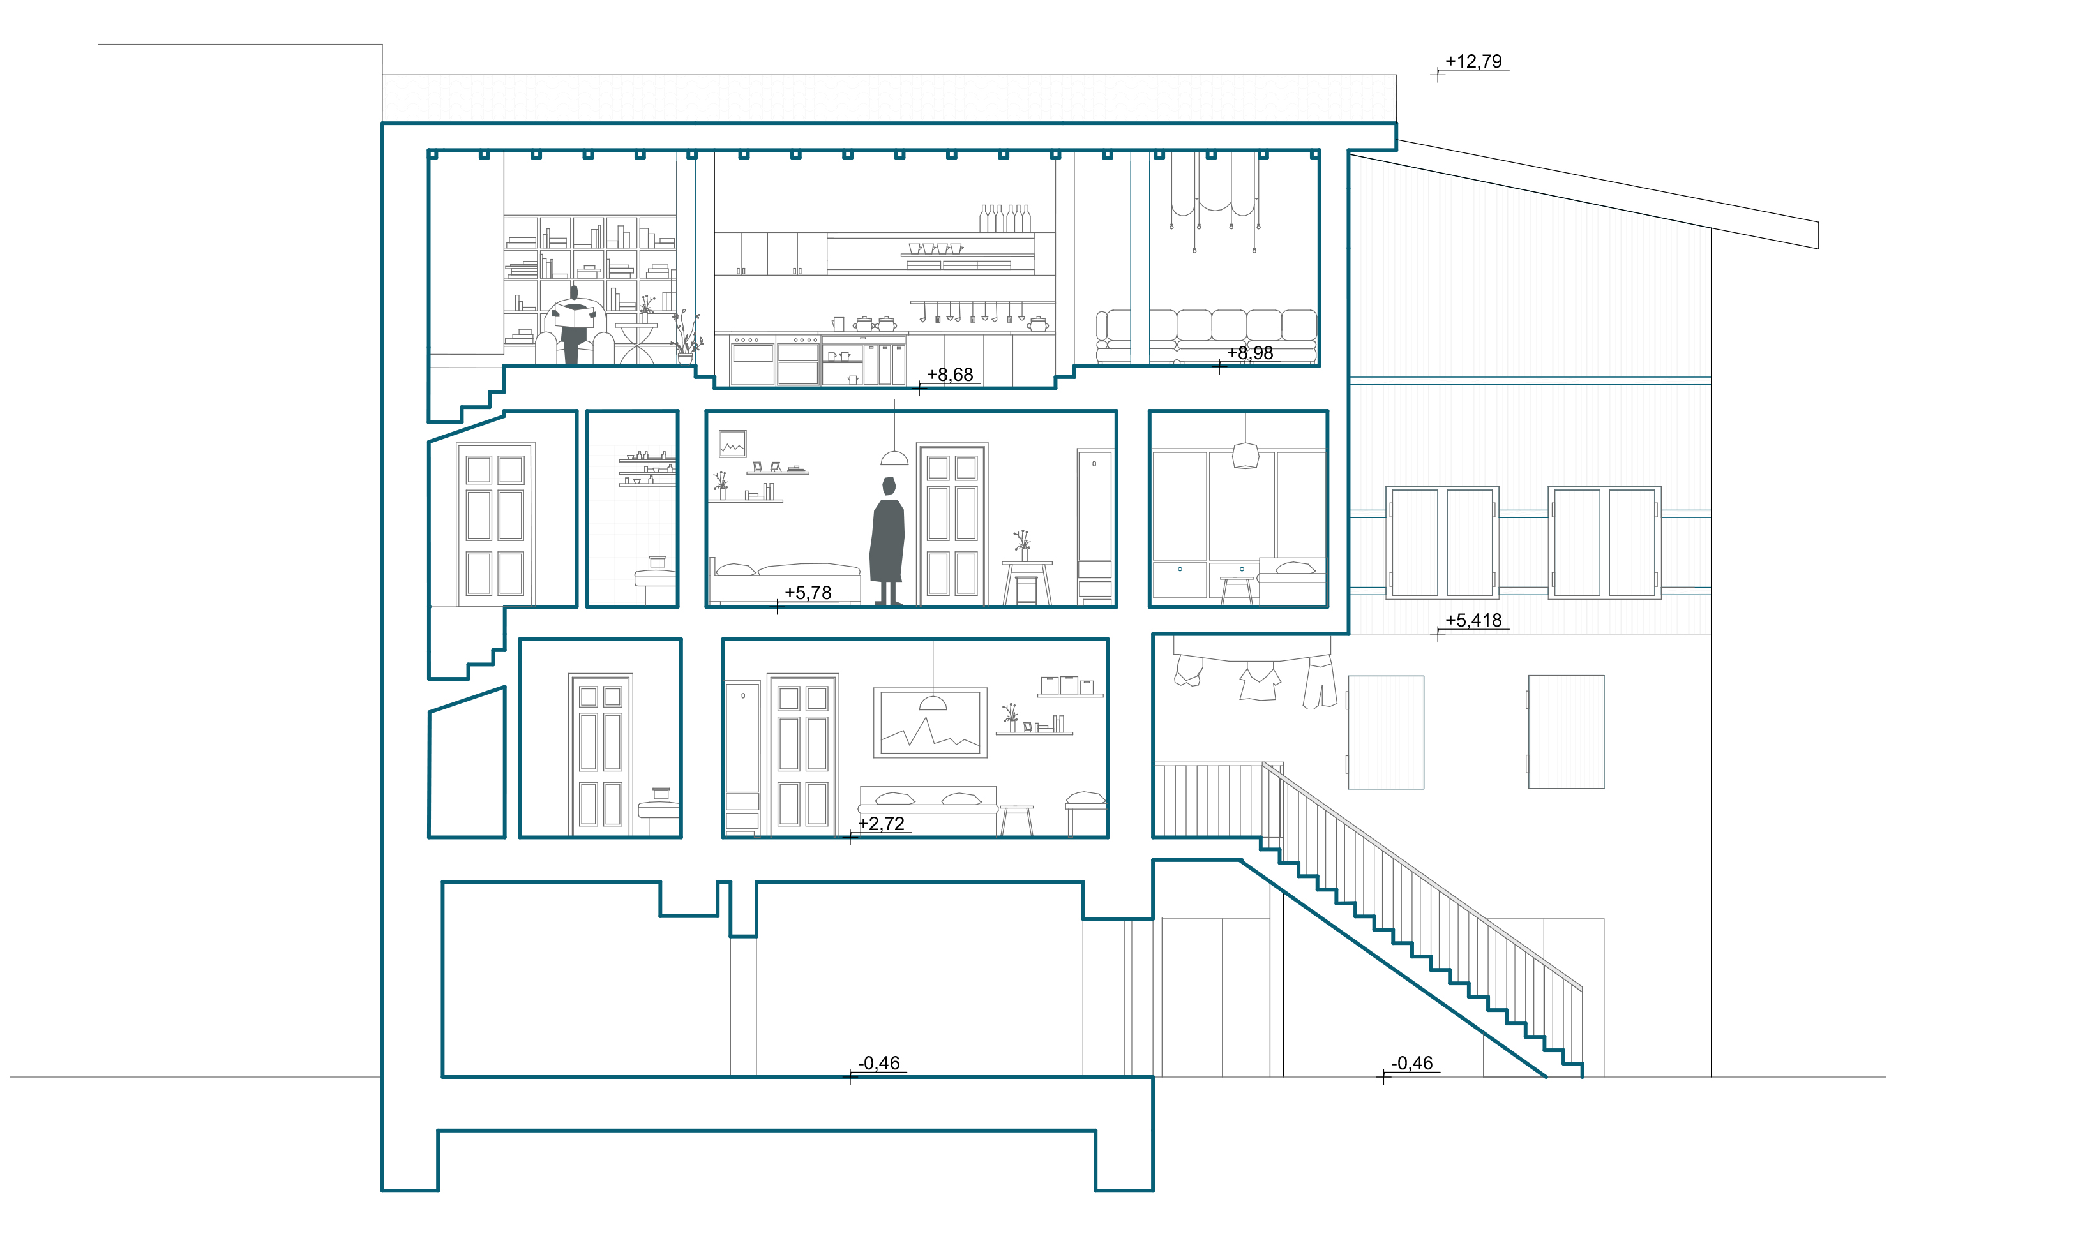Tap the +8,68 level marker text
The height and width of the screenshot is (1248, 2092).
click(x=950, y=375)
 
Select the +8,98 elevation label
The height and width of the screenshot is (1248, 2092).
click(x=1250, y=353)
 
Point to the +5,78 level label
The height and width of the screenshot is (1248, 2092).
click(x=808, y=593)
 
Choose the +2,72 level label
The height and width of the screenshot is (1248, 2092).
click(x=881, y=824)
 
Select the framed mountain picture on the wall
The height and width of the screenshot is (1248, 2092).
click(x=930, y=722)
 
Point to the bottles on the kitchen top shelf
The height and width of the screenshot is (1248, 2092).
click(x=1004, y=219)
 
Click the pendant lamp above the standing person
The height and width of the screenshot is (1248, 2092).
click(x=894, y=457)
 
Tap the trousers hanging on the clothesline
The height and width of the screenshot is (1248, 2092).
click(x=1320, y=682)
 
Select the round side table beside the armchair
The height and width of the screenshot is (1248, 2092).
click(x=636, y=343)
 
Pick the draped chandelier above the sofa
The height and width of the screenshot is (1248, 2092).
click(x=1215, y=202)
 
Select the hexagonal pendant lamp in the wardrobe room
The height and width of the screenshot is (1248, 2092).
click(x=1245, y=455)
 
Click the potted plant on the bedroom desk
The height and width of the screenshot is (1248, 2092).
click(x=1022, y=546)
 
